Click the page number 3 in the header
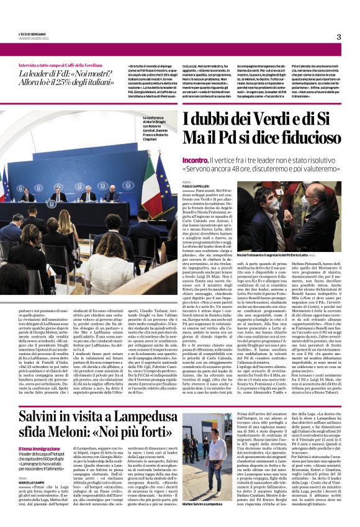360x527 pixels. [338, 37]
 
